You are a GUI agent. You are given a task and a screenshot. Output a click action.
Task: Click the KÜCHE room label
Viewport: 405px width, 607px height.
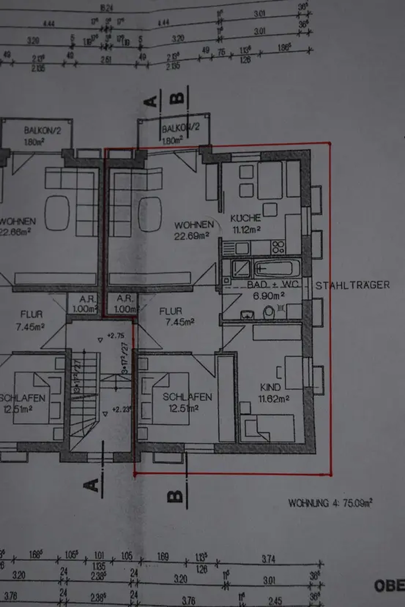click(245, 218)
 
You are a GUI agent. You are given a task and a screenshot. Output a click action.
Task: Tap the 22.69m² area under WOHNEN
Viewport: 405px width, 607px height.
click(191, 236)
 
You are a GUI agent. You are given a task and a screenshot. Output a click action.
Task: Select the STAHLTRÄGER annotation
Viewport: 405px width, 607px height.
click(352, 285)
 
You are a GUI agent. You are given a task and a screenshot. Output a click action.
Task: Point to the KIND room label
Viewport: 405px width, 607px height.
click(270, 387)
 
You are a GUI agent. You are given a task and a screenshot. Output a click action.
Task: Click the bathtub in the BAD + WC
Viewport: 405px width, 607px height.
click(277, 268)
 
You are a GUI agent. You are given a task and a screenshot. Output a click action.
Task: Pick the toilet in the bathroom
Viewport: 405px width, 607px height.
click(269, 312)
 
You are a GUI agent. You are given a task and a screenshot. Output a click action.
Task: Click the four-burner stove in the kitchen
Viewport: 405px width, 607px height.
click(278, 246)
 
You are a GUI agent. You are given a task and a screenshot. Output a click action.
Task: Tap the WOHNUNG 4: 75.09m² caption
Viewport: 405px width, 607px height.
click(330, 503)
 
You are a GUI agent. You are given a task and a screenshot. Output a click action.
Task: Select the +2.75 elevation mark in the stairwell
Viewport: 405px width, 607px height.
click(116, 335)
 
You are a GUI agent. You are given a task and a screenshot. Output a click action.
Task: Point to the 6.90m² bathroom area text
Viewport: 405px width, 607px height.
click(269, 296)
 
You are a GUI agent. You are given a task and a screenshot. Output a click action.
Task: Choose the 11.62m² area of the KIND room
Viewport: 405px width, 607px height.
click(274, 399)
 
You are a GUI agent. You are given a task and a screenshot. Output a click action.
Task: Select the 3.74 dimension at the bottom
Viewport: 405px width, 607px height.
click(268, 559)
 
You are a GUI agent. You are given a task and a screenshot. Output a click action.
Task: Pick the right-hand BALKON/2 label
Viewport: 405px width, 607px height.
click(181, 128)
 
